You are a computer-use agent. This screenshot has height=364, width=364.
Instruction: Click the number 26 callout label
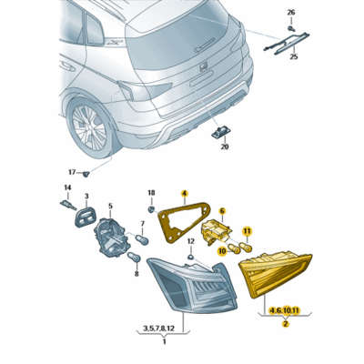(291, 13)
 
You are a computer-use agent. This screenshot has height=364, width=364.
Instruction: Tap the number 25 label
(294, 56)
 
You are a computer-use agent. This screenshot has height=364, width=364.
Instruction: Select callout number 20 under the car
(224, 145)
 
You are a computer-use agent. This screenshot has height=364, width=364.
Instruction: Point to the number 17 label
(71, 171)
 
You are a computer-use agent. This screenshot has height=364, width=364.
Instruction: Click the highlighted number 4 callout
(184, 194)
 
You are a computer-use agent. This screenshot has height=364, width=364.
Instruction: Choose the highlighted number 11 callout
(245, 233)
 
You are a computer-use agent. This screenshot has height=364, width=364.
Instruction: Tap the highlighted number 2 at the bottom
(285, 323)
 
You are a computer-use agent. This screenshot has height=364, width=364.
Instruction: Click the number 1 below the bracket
(164, 341)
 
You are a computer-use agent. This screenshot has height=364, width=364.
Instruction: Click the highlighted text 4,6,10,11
(285, 311)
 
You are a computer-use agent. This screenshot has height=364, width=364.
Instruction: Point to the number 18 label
(152, 194)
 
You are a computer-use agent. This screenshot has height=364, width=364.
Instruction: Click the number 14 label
(66, 188)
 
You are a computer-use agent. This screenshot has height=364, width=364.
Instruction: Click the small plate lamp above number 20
(221, 130)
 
